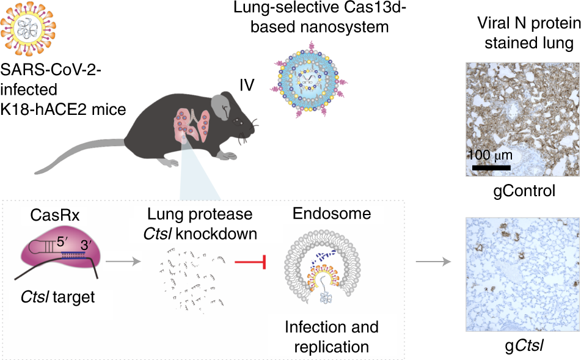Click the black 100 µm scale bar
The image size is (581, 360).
(x=489, y=166)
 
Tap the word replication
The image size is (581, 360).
(x=331, y=347)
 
